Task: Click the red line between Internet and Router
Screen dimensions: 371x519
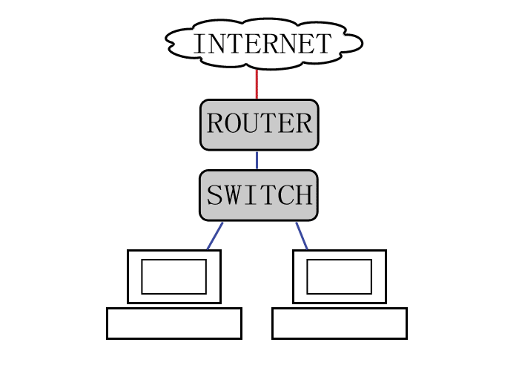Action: (x=257, y=84)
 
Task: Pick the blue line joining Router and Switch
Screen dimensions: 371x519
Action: (x=257, y=160)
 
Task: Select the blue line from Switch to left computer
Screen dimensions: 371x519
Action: (x=214, y=235)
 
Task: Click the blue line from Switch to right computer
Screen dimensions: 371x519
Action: (x=302, y=235)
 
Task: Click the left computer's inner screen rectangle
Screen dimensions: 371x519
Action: (x=173, y=276)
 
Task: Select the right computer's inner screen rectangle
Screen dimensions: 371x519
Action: (x=339, y=276)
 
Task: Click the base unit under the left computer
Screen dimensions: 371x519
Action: (x=173, y=323)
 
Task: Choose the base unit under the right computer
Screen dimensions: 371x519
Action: (x=339, y=323)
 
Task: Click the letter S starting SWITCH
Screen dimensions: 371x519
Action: (x=214, y=195)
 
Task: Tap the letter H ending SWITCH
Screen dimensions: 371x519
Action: (x=304, y=195)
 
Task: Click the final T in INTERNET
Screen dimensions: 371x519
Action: (x=323, y=44)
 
